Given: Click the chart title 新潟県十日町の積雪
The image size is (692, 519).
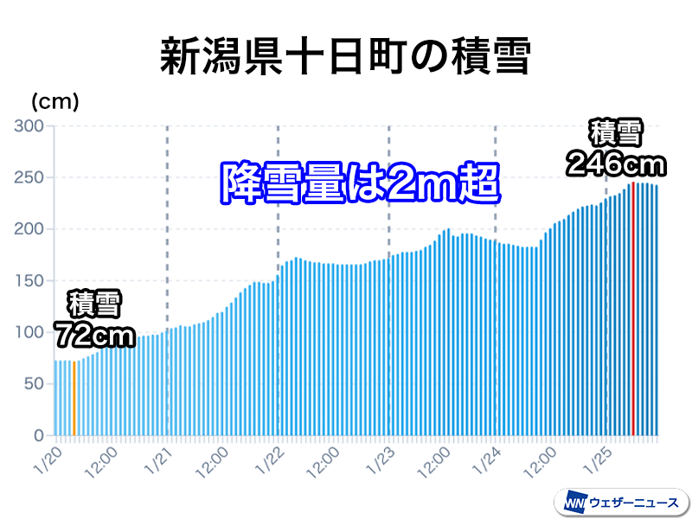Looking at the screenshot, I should (x=345, y=57).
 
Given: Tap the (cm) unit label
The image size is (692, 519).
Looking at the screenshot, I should (x=55, y=102).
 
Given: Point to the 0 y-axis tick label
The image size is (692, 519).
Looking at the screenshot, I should (x=38, y=436).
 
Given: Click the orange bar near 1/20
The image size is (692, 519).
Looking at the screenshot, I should (x=74, y=398).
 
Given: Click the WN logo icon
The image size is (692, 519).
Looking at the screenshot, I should (x=574, y=502).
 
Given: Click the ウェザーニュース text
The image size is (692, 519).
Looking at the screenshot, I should (x=634, y=503).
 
